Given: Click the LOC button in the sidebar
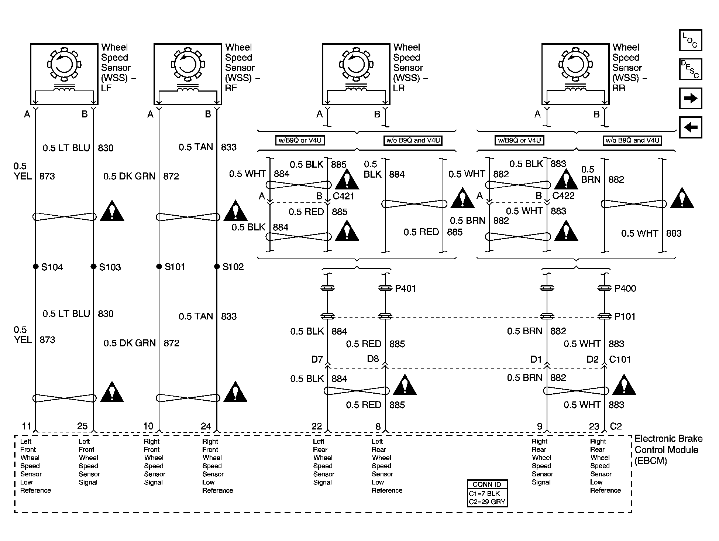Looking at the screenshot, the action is [690, 40].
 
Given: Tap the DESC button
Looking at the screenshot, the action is [690, 69].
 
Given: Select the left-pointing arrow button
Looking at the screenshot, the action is [690, 127].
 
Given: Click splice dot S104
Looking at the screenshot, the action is [35, 266].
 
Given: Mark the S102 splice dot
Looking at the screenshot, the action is [217, 266].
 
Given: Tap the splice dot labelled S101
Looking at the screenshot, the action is [159, 266].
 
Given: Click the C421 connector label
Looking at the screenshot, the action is [343, 196].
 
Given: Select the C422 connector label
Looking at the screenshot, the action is [563, 196].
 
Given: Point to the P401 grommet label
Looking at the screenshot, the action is [405, 288].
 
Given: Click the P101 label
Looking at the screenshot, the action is [625, 316].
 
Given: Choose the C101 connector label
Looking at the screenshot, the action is [620, 359].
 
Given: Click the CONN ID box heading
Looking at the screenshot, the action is [487, 484].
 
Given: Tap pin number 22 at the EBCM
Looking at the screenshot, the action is [317, 426].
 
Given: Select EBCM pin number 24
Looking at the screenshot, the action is [206, 426].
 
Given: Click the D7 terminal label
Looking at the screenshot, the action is [317, 359].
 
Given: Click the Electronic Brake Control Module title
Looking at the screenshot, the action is [668, 450].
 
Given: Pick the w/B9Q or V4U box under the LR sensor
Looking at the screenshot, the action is [300, 140].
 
